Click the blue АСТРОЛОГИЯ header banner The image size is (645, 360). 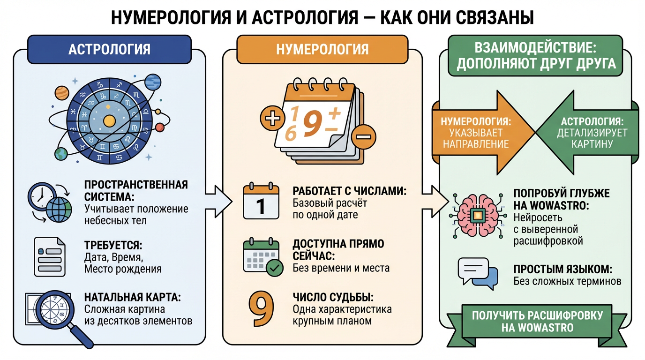pos(109,49)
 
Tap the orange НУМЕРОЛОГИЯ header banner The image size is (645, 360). pos(322,49)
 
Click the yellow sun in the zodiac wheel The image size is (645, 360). pos(109,121)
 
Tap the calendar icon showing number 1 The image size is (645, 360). pos(261,202)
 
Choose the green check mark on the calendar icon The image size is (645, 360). pos(274,269)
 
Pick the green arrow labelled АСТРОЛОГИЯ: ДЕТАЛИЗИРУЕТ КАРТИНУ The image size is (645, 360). pos(592,132)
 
